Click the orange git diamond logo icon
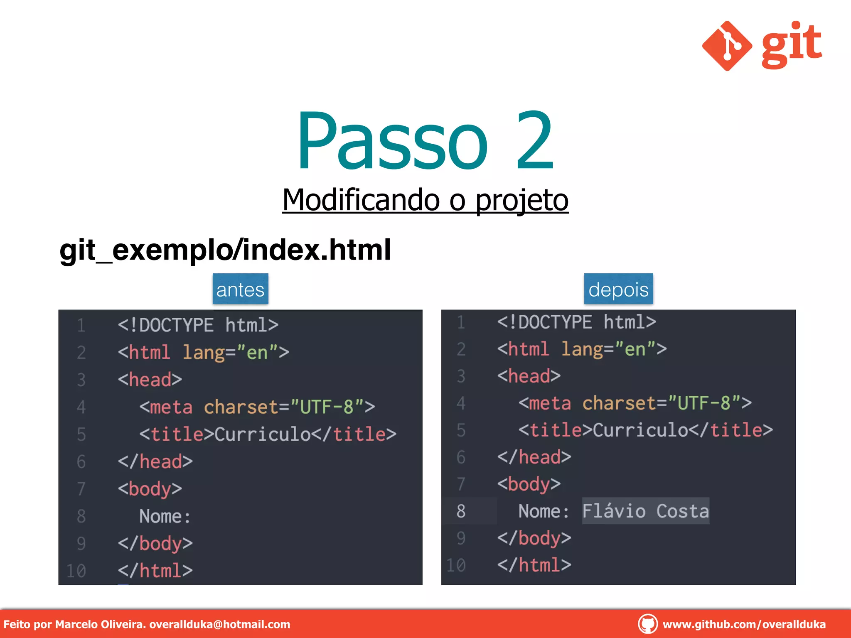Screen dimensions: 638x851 727,46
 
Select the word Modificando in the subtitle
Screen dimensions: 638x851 361,200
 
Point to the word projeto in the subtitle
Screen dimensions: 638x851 521,200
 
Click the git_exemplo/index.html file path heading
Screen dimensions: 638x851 225,250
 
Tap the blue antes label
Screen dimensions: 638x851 240,290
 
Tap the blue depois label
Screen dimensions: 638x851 618,290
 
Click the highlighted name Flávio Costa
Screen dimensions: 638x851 645,511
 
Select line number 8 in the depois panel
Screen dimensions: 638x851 461,511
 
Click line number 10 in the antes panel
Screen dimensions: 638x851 76,571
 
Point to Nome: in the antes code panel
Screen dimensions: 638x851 165,516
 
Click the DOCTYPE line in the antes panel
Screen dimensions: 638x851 198,325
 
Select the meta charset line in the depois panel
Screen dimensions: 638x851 635,403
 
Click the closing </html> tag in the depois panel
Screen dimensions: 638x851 534,565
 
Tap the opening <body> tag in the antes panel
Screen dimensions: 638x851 150,489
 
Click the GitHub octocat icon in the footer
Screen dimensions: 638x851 647,624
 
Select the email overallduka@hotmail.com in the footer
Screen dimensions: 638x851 219,624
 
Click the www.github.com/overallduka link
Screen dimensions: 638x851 744,624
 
